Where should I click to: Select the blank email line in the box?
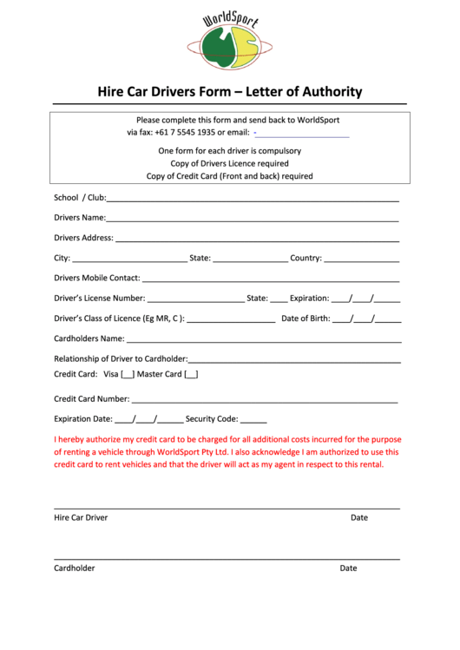303,134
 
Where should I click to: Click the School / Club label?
79,198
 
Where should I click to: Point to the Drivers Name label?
79,218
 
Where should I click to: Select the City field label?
62,258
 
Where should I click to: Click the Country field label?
306,258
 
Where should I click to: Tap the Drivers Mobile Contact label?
96,278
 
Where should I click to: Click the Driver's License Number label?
99,298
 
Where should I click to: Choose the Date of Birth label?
306,318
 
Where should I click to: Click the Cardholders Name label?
89,338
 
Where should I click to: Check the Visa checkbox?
128,374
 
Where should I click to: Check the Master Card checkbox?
191,374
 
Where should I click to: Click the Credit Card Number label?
91,399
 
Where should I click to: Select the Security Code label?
211,418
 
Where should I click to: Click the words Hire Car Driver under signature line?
81,517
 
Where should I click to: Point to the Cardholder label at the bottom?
75,568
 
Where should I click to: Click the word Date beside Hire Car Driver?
359,517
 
